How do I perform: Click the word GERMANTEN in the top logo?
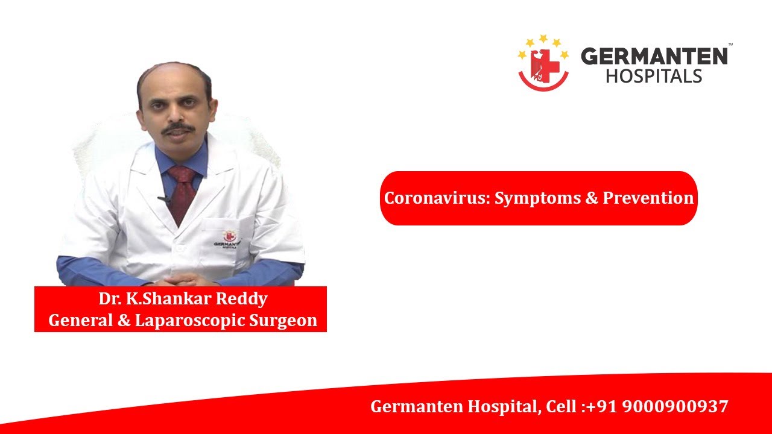coord(654,56)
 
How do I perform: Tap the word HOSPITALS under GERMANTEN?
coord(654,76)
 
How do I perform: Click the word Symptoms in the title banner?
coord(537,199)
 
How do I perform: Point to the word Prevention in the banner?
coord(648,198)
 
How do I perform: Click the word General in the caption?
coord(80,320)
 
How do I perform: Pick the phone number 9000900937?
coord(675,406)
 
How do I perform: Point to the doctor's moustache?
coord(178,128)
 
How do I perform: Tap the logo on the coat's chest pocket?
coord(227,239)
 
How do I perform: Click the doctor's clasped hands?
coord(183,279)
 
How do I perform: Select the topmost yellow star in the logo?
coord(543,38)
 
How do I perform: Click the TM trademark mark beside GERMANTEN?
coord(730,45)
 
